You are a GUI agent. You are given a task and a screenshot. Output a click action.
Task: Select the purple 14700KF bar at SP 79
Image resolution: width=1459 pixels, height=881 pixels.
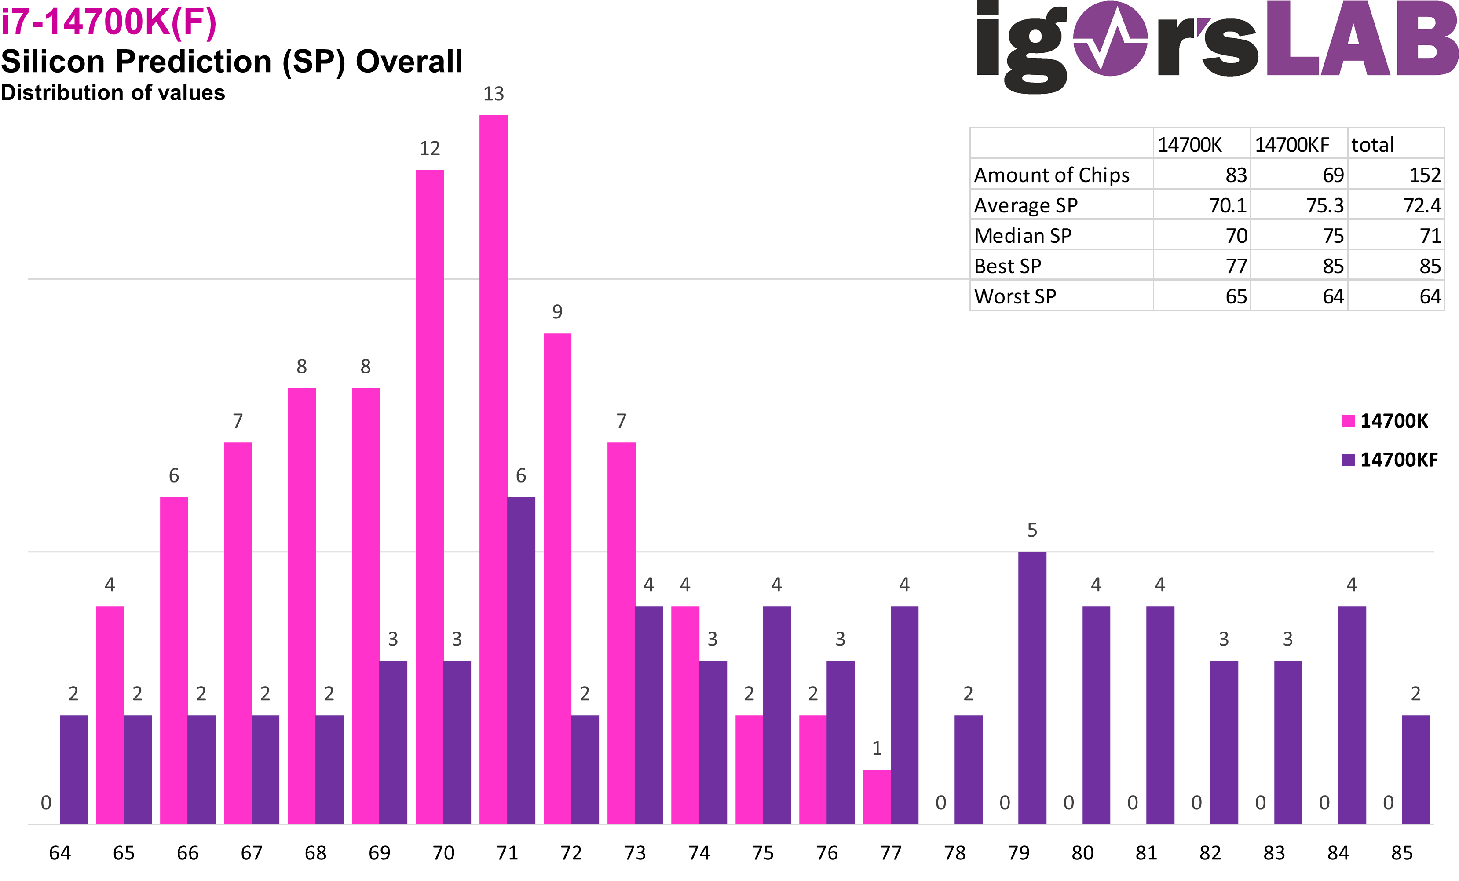(1032, 687)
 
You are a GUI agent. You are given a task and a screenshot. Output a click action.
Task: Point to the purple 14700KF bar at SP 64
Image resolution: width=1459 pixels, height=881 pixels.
(73, 769)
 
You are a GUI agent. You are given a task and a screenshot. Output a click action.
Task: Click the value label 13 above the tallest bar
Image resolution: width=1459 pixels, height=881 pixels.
(493, 94)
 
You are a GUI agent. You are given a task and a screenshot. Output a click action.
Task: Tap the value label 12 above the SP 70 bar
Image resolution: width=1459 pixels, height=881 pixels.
(429, 148)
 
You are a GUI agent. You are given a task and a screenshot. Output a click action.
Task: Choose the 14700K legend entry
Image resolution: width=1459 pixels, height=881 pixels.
(1386, 421)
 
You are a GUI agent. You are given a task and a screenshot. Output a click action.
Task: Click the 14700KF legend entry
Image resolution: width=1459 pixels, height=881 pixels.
(1390, 460)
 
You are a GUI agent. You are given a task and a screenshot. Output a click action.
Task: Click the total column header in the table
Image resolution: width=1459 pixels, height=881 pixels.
(1372, 144)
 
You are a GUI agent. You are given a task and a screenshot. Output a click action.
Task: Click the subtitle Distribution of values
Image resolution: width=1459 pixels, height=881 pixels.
(113, 93)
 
